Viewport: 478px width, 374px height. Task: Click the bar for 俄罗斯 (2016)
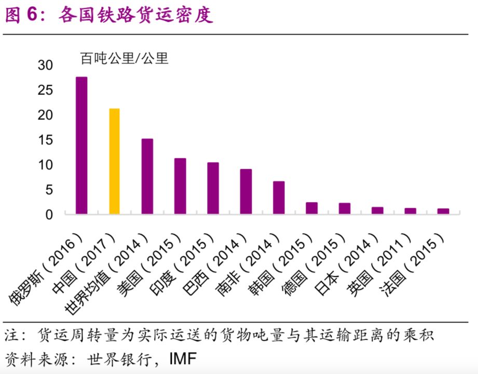81,145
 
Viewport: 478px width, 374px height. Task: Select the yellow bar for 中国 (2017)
114,161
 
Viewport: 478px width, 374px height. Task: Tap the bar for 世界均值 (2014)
147,176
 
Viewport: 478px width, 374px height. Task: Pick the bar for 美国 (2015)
180,186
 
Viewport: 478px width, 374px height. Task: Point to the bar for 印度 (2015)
213,188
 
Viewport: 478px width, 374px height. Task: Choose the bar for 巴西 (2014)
246,191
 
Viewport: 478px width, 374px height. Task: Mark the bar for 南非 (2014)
279,197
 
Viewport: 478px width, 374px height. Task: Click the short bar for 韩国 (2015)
311,208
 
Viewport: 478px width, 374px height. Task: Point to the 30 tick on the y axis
46,65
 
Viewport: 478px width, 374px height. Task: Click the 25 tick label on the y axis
46,90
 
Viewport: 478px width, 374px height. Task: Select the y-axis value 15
46,140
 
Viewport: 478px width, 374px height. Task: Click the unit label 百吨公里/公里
124,58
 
